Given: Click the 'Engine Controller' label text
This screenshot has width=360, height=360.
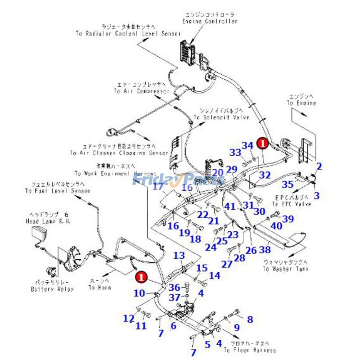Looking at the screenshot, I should [210, 21].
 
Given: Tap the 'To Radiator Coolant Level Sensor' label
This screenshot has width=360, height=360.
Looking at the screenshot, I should [128, 34].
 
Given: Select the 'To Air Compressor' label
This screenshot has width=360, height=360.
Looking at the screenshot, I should [135, 91].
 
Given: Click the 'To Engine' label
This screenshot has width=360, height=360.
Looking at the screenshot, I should [301, 103].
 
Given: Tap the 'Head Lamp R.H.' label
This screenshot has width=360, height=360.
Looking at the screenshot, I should [50, 222].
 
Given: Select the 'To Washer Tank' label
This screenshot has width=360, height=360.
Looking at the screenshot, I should [286, 269].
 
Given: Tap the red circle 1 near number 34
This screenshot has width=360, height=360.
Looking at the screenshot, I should [262, 143].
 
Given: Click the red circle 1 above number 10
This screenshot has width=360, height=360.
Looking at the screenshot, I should [141, 276].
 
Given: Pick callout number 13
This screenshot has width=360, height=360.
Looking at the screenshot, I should [179, 256].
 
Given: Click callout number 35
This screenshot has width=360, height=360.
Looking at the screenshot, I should [287, 184].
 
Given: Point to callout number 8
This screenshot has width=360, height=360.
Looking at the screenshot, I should [250, 319].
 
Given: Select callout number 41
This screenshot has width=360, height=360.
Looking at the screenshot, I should [230, 207].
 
